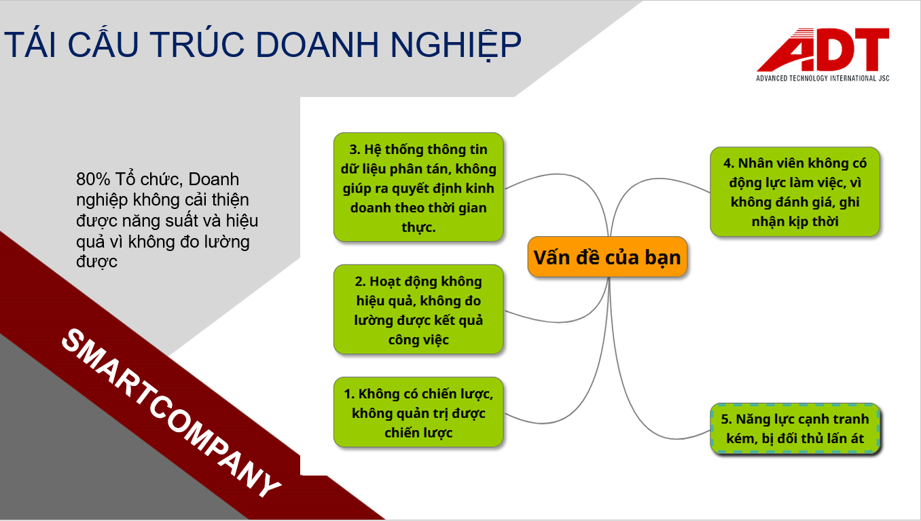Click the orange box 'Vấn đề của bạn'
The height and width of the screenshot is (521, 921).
pyautogui.click(x=607, y=257)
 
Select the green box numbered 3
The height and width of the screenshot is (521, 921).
pyautogui.click(x=418, y=187)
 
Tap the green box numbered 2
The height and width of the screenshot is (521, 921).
pyautogui.click(x=418, y=309)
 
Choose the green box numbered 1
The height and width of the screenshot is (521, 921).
pyautogui.click(x=418, y=412)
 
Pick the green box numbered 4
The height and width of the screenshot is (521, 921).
pyautogui.click(x=795, y=192)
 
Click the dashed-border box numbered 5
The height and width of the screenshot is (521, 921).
pyautogui.click(x=795, y=429)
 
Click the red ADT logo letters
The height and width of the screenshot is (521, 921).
pyautogui.click(x=823, y=50)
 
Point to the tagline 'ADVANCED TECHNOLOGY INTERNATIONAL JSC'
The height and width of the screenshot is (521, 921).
pyautogui.click(x=823, y=78)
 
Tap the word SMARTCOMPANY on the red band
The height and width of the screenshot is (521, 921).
pyautogui.click(x=170, y=412)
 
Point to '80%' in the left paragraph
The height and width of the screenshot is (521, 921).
pyautogui.click(x=93, y=179)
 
